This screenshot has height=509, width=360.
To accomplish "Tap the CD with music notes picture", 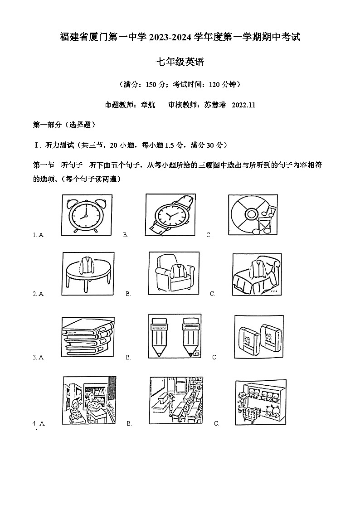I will (253, 215).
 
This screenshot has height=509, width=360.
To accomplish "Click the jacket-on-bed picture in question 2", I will (257, 274).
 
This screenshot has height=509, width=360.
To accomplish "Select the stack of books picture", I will (88, 337).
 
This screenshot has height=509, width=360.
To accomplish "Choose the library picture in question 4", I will (88, 400).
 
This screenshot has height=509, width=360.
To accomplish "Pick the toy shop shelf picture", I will (261, 400).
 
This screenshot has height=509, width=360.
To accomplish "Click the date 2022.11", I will (243, 105).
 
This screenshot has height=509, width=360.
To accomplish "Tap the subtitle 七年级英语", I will (180, 63).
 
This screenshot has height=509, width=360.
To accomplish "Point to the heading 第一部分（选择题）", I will (64, 125).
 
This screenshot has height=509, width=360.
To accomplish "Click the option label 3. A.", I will (38, 358).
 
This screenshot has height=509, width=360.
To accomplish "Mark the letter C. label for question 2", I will (212, 294).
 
